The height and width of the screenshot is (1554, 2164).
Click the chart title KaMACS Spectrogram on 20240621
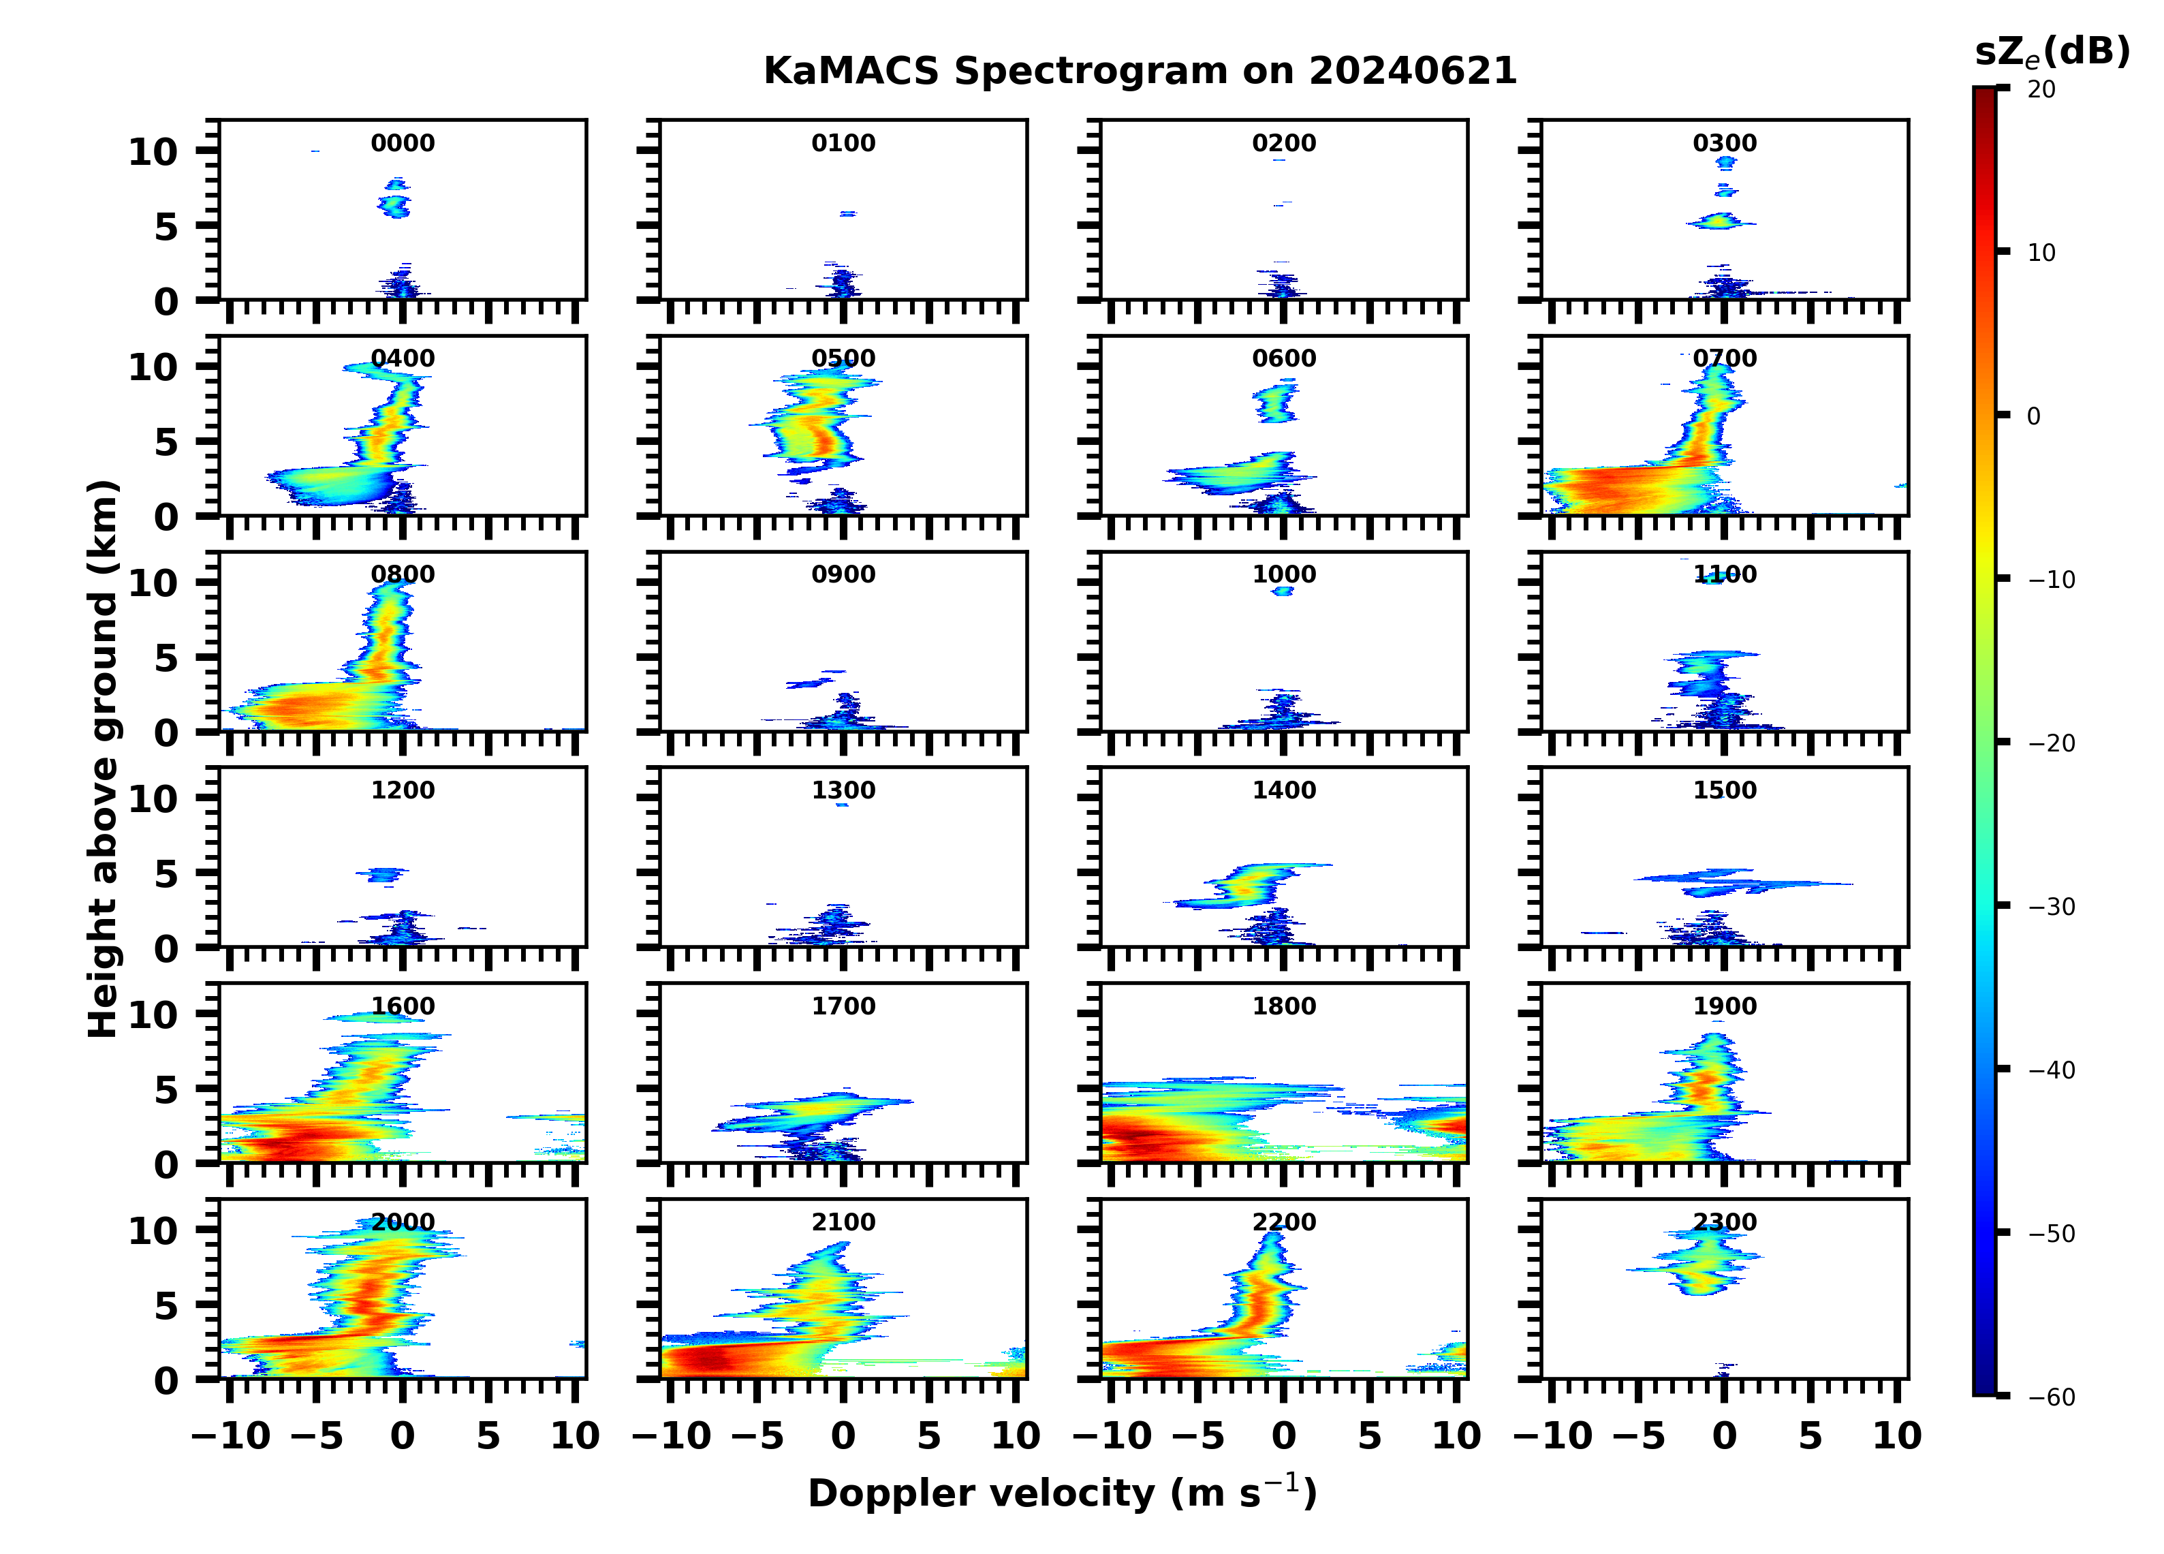1140,72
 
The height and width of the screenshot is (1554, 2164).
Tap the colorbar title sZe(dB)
2052,52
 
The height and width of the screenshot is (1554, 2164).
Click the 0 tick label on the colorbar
2033,416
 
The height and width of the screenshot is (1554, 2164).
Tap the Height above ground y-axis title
103,759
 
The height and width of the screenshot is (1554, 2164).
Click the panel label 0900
843,574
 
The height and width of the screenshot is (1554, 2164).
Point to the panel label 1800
1284,1006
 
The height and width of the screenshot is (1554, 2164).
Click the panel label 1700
843,1006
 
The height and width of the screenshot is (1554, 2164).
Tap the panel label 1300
843,790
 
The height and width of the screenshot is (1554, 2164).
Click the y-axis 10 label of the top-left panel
153,152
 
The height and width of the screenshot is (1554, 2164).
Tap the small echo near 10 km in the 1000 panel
1283,591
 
